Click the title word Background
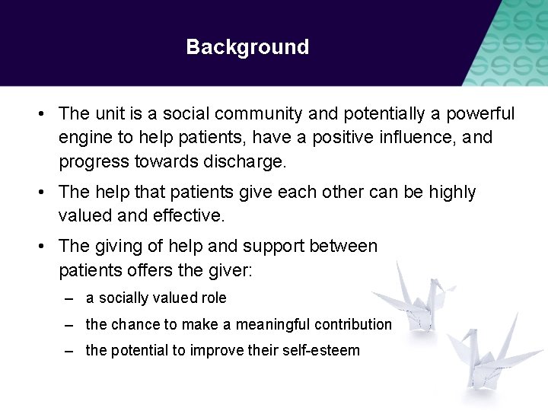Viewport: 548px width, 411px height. pyautogui.click(x=247, y=47)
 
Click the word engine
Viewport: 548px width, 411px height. pyautogui.click(x=84, y=139)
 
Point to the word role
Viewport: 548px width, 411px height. pyautogui.click(x=213, y=298)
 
